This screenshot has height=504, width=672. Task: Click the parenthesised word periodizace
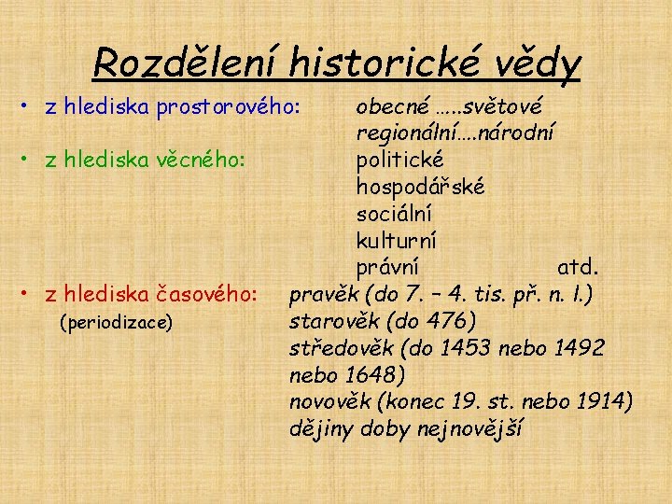(x=116, y=323)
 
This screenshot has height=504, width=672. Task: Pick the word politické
(x=400, y=160)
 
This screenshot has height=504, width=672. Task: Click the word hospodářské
(x=420, y=187)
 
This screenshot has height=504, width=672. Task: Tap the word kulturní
(x=397, y=241)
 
